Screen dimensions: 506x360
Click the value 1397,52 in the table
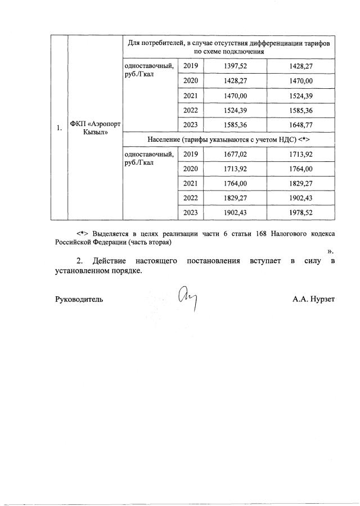[x=235, y=66]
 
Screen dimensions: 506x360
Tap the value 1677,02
[x=235, y=154]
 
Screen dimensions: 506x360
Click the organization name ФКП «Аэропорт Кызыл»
[x=93, y=128]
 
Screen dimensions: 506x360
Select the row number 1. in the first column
[x=59, y=128]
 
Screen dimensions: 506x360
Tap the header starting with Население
[x=228, y=139]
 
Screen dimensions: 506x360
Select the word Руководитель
[x=78, y=300]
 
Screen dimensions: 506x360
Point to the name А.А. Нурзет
[x=313, y=300]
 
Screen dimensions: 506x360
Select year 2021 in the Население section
[x=191, y=183]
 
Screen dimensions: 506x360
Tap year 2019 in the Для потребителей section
[x=191, y=66]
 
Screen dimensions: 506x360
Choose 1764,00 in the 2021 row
[x=235, y=183]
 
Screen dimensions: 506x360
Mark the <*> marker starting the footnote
[x=83, y=233]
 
